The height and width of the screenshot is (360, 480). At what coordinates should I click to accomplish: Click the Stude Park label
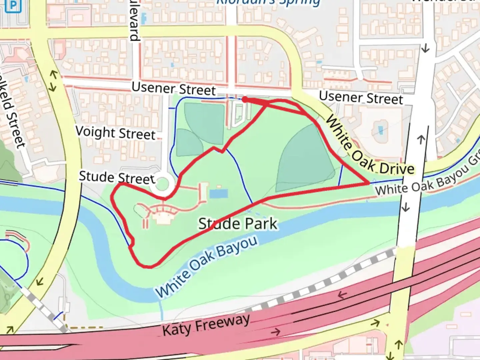[238, 224]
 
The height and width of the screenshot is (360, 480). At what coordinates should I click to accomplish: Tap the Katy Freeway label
[206, 325]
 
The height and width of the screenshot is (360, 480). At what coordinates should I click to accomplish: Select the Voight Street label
[115, 133]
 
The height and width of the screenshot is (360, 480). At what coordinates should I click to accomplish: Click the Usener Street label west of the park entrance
[174, 89]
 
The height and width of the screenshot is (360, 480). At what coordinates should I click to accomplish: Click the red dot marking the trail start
[244, 99]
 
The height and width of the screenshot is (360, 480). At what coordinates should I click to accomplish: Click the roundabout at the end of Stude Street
[162, 184]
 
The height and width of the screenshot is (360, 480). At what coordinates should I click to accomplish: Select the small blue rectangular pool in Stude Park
[218, 193]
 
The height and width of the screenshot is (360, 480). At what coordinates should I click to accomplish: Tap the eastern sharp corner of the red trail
[368, 183]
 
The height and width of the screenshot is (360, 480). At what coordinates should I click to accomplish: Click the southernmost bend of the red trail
[147, 266]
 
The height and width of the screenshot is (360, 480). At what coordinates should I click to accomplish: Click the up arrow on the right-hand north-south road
[421, 139]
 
